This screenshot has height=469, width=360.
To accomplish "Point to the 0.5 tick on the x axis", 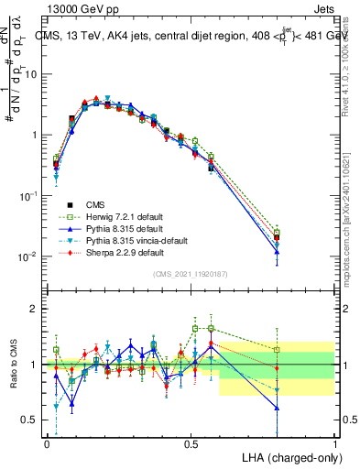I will pos(191,442).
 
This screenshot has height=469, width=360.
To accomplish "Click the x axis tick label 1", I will pos(335,442).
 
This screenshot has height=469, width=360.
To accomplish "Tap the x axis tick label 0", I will pos(48,442).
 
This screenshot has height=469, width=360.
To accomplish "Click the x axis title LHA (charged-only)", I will pos(289,457).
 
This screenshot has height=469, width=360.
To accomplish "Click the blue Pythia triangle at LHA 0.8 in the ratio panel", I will pos(278,408).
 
